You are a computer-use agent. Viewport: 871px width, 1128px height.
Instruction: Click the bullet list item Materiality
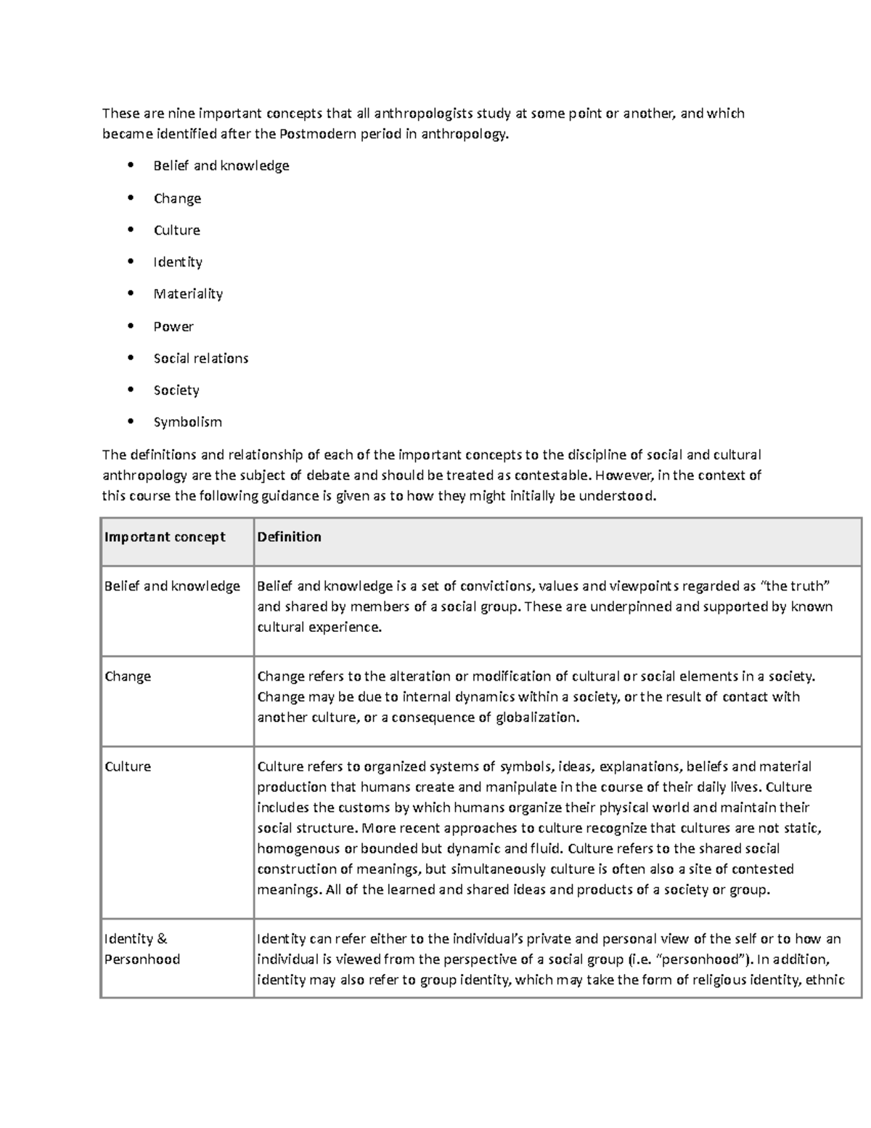[188, 294]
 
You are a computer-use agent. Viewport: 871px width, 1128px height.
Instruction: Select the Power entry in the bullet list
[173, 327]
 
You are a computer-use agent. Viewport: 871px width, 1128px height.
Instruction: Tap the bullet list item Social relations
[201, 358]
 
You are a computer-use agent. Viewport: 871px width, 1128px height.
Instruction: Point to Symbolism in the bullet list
[187, 422]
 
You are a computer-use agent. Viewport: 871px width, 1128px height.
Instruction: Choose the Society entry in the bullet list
[176, 390]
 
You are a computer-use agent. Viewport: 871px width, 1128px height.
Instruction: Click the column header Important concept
[165, 537]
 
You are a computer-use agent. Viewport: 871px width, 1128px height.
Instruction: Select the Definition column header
[289, 537]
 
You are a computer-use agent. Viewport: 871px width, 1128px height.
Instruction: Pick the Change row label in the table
[128, 676]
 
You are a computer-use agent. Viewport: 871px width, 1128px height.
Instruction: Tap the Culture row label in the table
[128, 766]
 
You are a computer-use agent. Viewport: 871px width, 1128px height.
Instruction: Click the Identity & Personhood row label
[142, 949]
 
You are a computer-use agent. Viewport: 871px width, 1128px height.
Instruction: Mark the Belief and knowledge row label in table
[172, 586]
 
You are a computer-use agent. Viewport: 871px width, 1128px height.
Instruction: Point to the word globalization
[537, 718]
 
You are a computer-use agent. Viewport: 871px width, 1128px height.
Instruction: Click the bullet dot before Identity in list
[131, 261]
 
